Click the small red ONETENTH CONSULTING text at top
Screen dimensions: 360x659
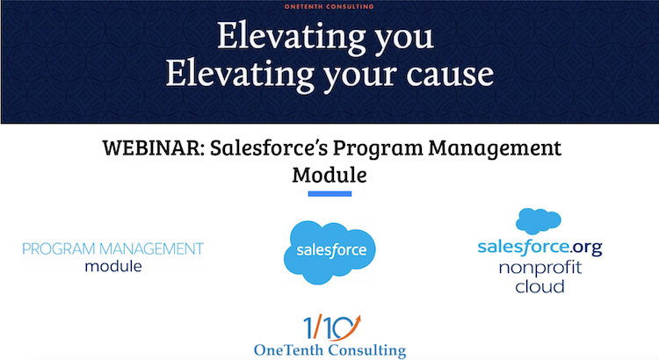tap(329, 6)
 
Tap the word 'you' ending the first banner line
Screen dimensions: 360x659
tap(401, 38)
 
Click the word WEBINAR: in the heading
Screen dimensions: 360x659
tap(152, 148)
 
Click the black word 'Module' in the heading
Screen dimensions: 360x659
tap(329, 174)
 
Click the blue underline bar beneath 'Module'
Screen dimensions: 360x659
tap(329, 194)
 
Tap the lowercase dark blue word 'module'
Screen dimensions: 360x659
tap(113, 266)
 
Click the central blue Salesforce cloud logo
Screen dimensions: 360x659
tap(329, 249)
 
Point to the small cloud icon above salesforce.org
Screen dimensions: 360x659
tap(539, 220)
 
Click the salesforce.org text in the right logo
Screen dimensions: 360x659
tap(539, 248)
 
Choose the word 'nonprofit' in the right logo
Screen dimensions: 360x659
tap(540, 268)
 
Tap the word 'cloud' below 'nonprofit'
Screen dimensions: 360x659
tap(540, 286)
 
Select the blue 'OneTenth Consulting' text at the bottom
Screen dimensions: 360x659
tap(329, 350)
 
